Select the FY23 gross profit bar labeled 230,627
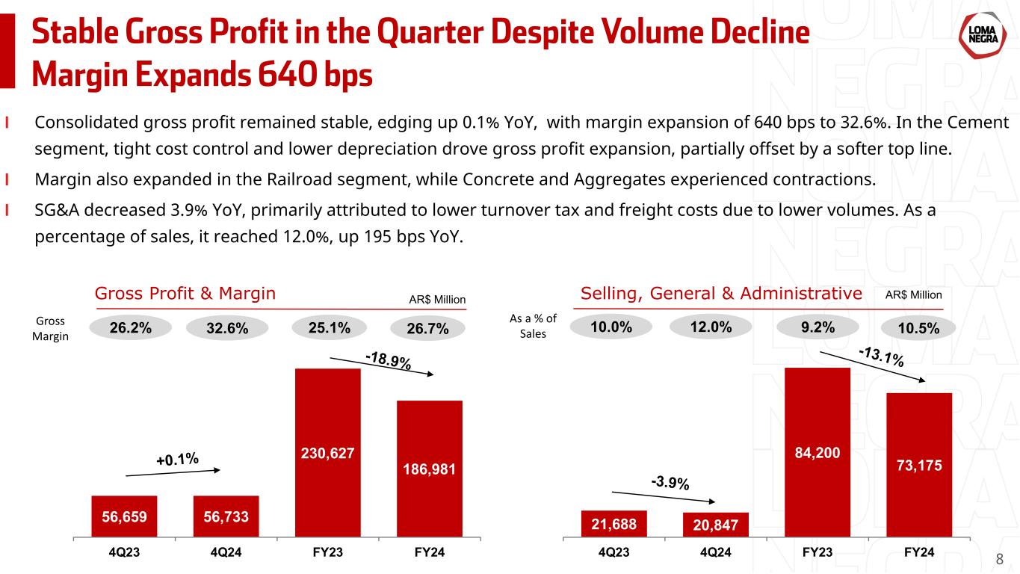(328, 452)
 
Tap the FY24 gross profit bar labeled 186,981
(430, 469)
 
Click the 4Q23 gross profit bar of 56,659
(124, 516)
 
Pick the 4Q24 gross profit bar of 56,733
(226, 516)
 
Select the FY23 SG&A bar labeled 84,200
(817, 452)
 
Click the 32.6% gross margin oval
(227, 328)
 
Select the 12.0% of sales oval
(711, 327)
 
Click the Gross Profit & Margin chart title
(185, 294)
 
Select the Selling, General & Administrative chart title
(721, 294)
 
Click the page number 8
(1001, 559)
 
